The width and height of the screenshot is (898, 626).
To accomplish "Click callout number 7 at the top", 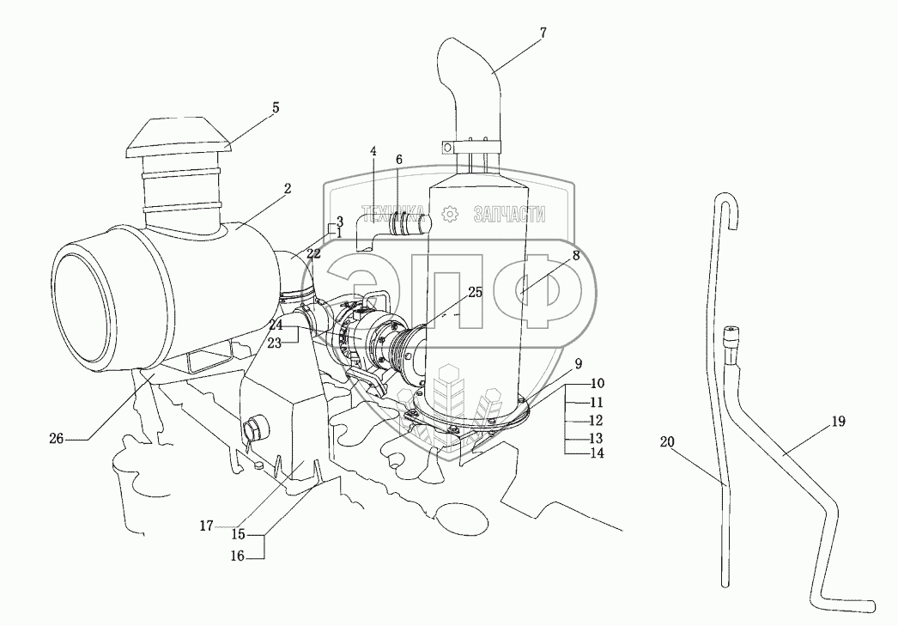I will coord(543,33).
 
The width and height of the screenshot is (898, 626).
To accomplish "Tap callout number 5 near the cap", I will coord(275,108).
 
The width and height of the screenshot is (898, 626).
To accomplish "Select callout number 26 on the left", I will coord(56,438).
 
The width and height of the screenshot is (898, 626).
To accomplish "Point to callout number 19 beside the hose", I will coord(839,422).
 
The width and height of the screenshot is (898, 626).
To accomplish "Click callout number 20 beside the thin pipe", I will coord(668,442).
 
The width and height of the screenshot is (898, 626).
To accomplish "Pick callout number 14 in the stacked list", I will coord(597,453).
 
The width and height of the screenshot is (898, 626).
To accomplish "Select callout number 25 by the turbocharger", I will coord(475,293).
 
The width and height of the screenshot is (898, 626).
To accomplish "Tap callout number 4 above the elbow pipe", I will coord(373,152).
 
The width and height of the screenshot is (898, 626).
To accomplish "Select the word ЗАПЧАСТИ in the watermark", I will coord(510,215).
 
